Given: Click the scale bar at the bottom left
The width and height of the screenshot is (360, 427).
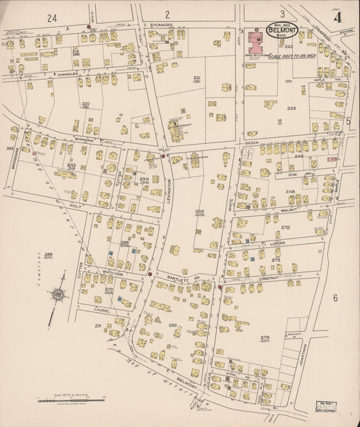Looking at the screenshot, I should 71,401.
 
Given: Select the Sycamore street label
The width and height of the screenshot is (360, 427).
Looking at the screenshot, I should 161,24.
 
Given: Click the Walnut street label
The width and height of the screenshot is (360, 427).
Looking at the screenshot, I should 290,211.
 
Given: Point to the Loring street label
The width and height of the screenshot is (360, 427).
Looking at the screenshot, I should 276,241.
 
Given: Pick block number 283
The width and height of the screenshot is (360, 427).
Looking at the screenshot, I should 173,326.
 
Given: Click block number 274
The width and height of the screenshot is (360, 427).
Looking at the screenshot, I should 264,337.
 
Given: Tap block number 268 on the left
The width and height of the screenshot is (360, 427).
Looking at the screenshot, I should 48,255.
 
